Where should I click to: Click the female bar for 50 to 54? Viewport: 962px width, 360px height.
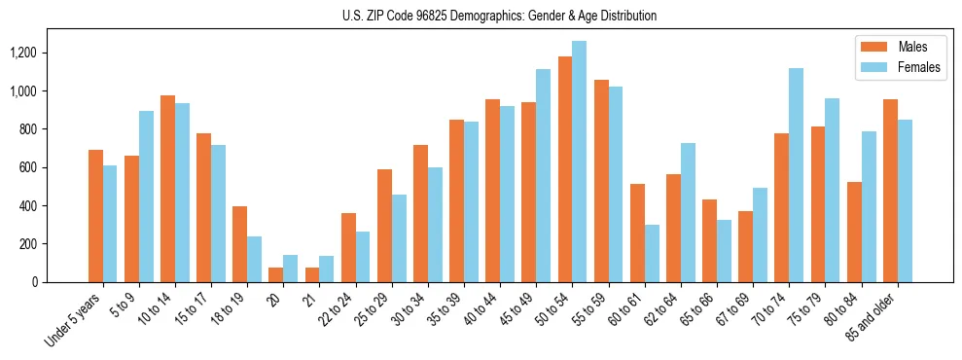click(x=580, y=162)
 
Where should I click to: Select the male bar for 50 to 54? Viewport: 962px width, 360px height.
click(x=565, y=169)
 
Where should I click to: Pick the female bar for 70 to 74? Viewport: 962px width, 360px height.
click(x=797, y=175)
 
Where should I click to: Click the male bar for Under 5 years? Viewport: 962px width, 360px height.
click(x=95, y=216)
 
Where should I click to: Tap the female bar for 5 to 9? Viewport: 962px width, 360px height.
click(x=146, y=197)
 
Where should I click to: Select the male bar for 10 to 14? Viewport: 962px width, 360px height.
click(x=167, y=189)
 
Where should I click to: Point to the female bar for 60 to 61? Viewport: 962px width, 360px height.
click(x=652, y=253)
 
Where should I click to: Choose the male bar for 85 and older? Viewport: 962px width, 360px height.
click(x=890, y=191)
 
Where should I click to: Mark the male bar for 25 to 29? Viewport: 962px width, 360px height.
click(x=384, y=226)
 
